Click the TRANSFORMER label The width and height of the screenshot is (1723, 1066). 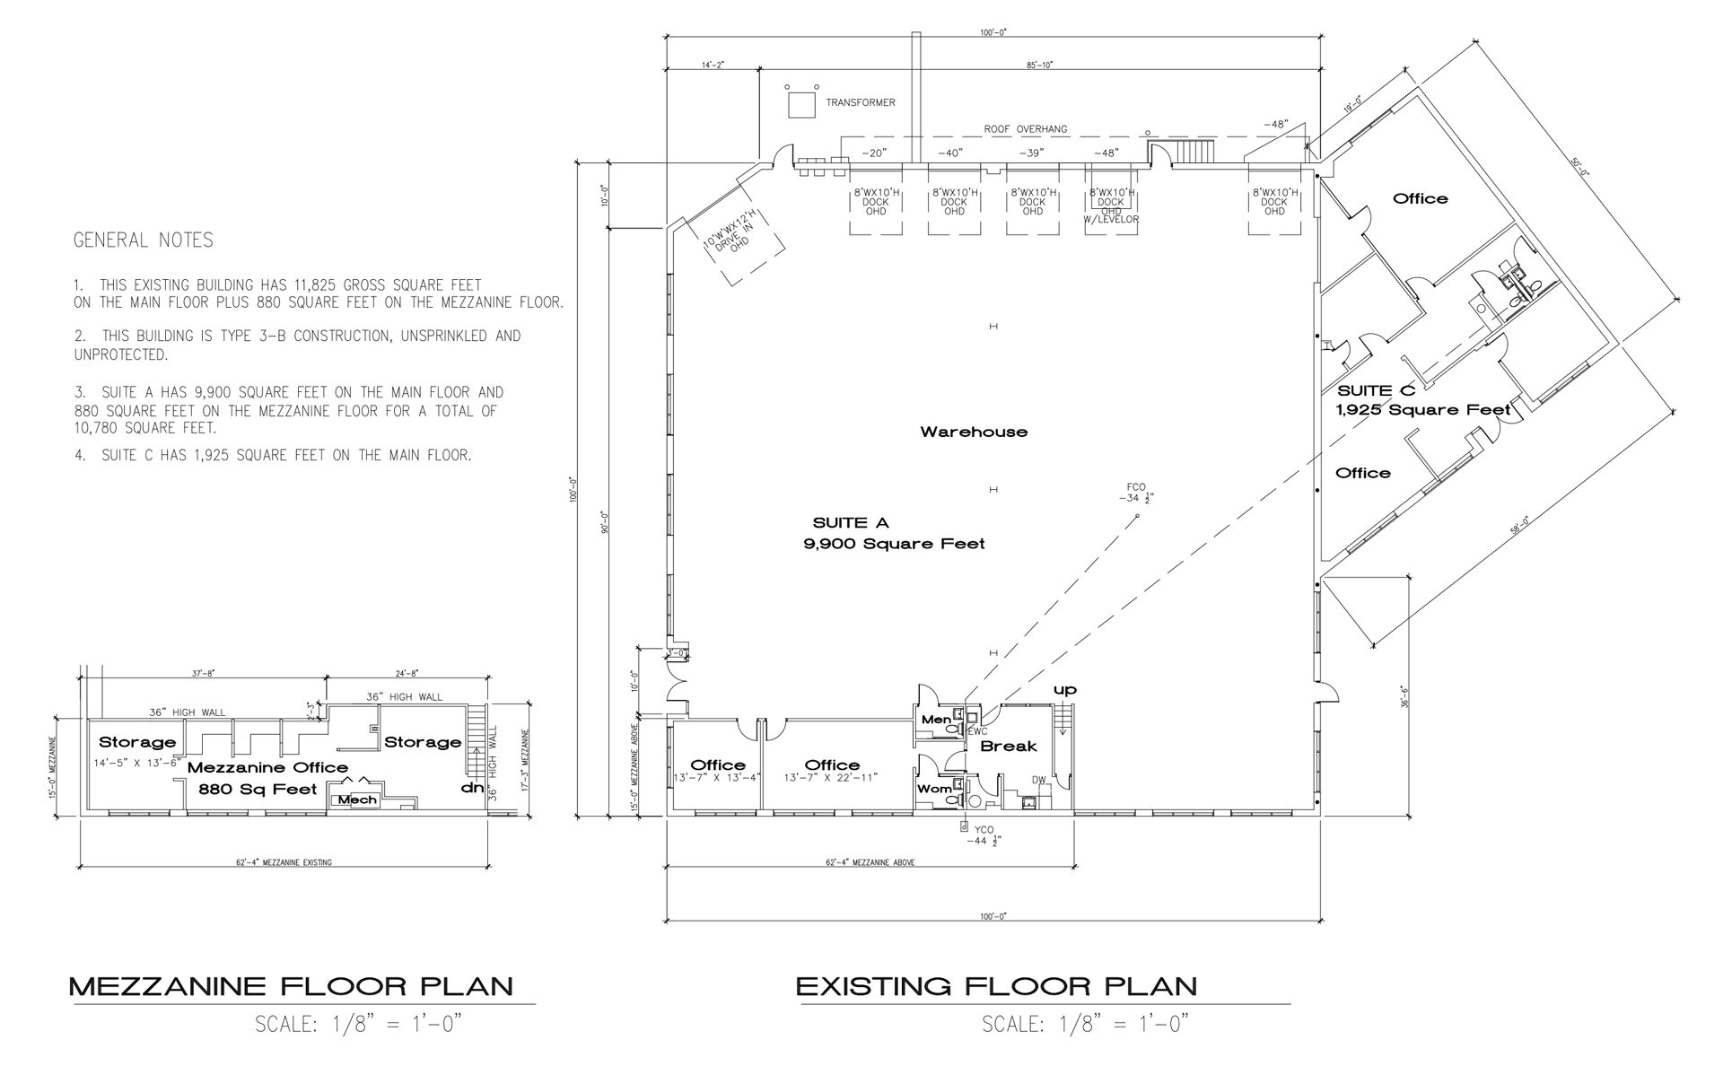tap(860, 103)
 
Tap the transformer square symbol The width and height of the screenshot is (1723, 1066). tap(800, 105)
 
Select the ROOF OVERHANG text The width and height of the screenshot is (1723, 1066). tap(1025, 129)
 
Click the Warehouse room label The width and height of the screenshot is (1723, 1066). tap(974, 432)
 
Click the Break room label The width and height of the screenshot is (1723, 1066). tap(1008, 747)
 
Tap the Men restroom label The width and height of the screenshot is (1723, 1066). tap(935, 721)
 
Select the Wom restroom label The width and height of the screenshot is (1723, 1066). tap(933, 789)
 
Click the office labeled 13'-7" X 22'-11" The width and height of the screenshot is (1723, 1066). tap(832, 771)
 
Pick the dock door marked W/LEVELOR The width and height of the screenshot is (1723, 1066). tap(1111, 206)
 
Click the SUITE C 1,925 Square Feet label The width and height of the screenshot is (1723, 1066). tap(1423, 400)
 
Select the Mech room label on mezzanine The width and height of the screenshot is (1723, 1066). tap(357, 799)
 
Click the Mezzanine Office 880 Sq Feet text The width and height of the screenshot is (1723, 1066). tap(267, 778)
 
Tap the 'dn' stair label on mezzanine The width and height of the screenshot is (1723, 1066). tap(472, 788)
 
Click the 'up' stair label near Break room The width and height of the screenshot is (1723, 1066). tap(1064, 690)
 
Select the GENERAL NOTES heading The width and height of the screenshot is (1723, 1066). tap(143, 240)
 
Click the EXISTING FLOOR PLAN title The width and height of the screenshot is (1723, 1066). tap(996, 987)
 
